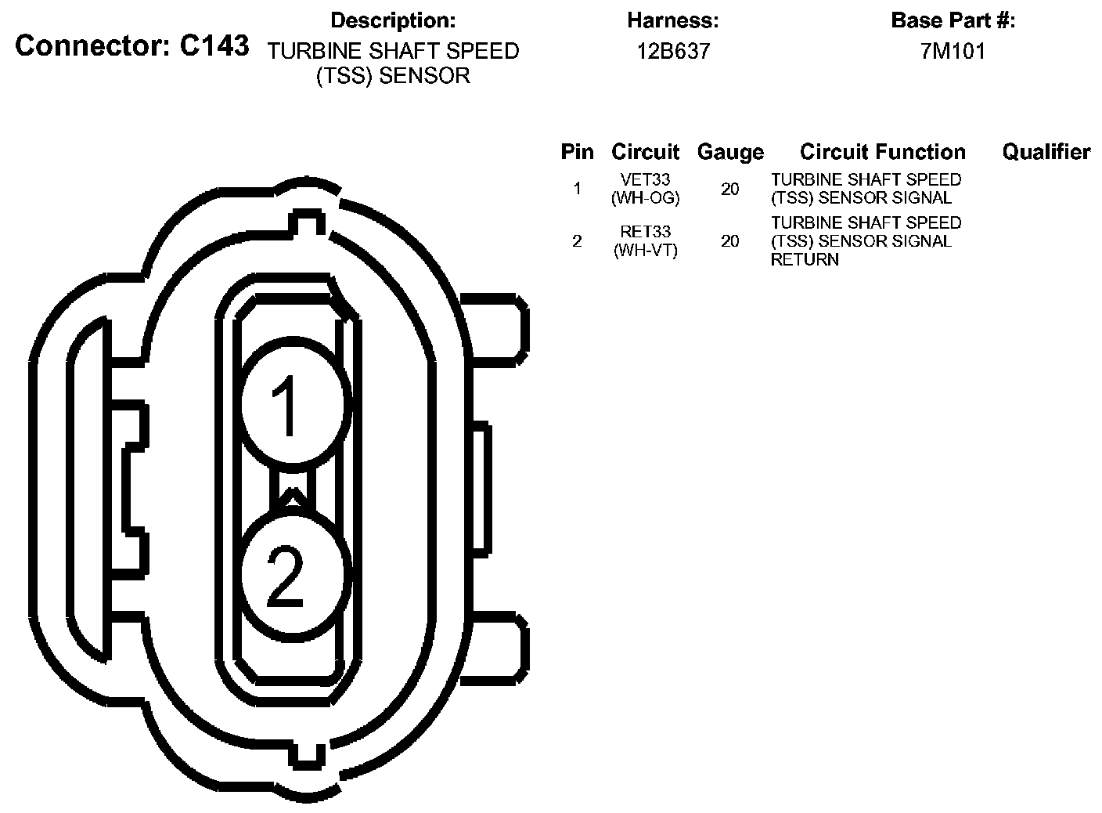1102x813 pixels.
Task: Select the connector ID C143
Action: coord(214,45)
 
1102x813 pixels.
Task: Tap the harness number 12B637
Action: coord(674,51)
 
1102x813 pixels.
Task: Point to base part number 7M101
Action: coord(953,51)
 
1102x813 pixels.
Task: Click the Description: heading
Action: coord(393,20)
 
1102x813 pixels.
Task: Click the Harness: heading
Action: coord(673,20)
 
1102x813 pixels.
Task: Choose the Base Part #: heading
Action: coord(953,20)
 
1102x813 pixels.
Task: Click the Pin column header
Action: coord(578,152)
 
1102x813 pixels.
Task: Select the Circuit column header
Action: coord(645,152)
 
